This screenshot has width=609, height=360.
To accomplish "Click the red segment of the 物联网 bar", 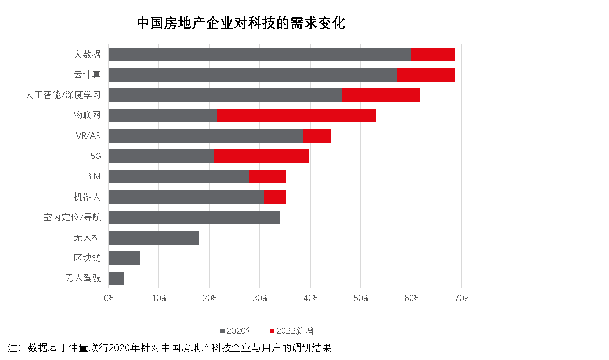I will point(296,115).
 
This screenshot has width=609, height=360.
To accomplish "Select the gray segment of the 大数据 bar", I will point(259,55).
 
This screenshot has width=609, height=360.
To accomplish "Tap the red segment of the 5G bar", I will point(261,156).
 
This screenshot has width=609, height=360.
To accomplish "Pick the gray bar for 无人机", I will point(154,238).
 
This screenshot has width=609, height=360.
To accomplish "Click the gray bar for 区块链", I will point(124,258).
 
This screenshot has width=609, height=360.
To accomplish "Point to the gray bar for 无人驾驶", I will point(116,278).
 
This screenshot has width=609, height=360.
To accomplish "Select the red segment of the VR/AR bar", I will point(317,136).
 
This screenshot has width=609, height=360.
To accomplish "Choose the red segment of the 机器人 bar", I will point(275,197).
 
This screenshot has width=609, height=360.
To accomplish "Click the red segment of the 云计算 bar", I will point(425,75).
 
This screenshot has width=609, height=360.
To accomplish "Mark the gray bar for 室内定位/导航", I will point(194,217).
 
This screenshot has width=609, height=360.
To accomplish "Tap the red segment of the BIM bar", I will point(268,176).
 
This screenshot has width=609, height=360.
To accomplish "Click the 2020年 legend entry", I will point(237,331).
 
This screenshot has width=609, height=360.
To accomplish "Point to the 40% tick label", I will point(310,298).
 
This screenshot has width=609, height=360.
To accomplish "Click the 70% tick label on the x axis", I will point(462,298).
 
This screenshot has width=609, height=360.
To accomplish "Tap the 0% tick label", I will point(109,298).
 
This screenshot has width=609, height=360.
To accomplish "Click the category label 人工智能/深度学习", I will point(63,95).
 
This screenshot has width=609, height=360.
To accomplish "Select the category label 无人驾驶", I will point(83,278).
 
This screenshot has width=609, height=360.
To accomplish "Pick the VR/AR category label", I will point(88,136).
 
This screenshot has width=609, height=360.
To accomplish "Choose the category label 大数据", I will point(87,55).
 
